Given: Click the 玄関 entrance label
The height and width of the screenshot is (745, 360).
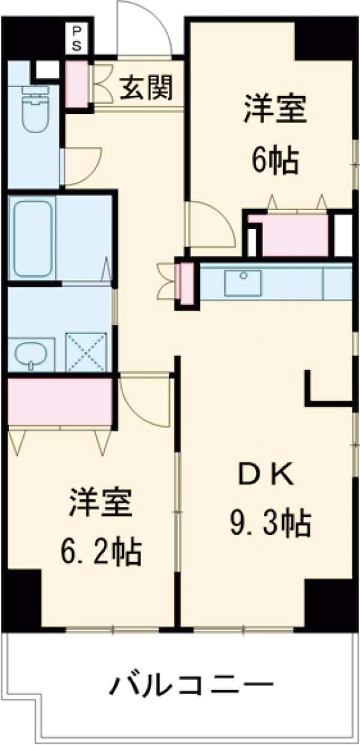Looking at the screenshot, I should click(146, 89).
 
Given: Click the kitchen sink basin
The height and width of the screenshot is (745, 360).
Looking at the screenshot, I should click(243, 283).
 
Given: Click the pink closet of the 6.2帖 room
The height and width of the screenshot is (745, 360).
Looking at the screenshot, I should click(60, 400).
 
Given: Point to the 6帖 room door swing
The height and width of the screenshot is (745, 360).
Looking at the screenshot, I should click(210, 226).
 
